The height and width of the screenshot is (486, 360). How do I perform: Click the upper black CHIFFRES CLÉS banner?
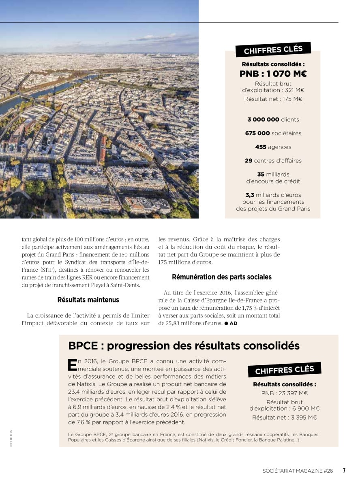[x=273, y=50]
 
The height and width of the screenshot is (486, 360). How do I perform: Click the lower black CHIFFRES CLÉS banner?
[x=285, y=370]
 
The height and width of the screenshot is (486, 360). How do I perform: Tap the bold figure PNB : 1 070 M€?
[x=273, y=74]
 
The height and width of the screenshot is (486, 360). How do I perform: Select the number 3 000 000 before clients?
[x=263, y=119]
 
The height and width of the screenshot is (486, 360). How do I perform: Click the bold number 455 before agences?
[x=261, y=147]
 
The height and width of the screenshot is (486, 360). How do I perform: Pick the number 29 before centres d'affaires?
[x=249, y=161]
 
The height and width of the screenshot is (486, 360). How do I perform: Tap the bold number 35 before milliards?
[x=261, y=175]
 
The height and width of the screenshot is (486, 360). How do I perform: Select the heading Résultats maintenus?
[x=88, y=300]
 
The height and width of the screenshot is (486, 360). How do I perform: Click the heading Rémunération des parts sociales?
[x=221, y=277]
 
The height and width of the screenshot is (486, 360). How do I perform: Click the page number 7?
[x=344, y=471]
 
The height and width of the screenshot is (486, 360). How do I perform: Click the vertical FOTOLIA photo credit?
[x=11, y=438]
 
